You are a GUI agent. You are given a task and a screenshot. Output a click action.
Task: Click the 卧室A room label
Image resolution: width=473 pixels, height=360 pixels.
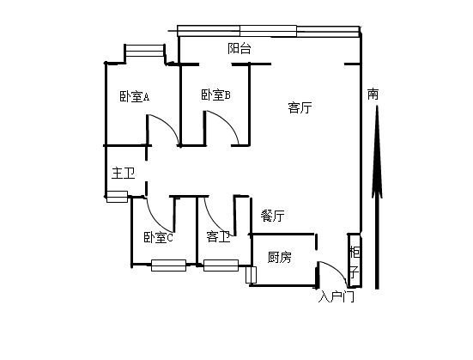click(x=135, y=97)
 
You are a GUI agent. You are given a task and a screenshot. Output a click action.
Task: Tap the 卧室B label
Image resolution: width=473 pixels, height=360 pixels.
click(x=215, y=95)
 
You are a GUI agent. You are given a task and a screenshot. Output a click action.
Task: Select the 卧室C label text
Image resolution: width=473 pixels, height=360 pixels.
click(x=158, y=238)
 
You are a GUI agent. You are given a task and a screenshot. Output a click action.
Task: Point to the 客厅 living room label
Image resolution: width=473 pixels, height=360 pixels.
click(x=300, y=107)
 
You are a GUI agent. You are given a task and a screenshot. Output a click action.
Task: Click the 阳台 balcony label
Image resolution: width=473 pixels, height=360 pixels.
click(x=240, y=48)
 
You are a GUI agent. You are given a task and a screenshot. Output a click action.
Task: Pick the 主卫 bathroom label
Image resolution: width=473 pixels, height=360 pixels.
click(x=123, y=174)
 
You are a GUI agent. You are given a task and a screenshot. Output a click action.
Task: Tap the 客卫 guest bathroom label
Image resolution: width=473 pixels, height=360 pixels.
click(x=218, y=237)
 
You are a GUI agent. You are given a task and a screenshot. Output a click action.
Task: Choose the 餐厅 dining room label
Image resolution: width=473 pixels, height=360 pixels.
click(x=272, y=216)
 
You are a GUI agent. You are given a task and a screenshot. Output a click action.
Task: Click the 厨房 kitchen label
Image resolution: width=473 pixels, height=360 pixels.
click(x=280, y=257)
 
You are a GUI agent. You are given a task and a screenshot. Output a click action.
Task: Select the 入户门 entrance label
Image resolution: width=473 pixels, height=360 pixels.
click(x=337, y=297)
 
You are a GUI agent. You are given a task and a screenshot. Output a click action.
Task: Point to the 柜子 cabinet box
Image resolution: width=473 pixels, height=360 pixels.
click(x=355, y=260)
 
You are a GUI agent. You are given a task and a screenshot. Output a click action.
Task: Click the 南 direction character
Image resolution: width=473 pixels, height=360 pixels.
click(x=373, y=95)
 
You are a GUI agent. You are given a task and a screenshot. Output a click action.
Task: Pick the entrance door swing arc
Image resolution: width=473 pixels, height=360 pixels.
click(x=339, y=269)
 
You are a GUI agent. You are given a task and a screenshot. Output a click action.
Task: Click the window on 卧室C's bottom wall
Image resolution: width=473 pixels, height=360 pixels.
click(x=168, y=265)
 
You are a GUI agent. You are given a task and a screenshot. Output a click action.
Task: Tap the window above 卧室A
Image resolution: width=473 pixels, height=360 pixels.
click(x=145, y=51)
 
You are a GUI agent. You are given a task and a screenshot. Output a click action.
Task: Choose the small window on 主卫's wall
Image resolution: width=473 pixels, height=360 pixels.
click(x=118, y=197)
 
